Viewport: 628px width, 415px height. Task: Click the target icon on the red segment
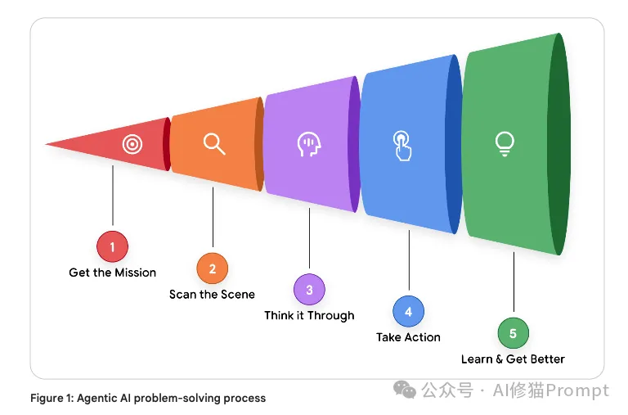132,145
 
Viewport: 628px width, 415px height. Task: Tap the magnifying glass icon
214,144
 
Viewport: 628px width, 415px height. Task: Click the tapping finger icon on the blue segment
401,145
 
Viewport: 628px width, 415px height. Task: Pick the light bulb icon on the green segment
505,144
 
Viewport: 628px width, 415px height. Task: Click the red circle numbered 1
113,246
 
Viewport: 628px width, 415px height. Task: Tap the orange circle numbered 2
213,268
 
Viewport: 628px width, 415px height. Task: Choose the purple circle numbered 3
309,289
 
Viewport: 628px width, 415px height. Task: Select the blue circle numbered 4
408,311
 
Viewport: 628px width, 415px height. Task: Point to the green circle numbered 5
513,333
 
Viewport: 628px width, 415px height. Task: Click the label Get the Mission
113,273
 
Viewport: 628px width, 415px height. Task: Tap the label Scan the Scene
213,295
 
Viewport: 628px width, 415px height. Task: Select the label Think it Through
309,316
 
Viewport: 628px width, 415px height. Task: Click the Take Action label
408,337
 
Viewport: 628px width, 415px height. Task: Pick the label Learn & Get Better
513,359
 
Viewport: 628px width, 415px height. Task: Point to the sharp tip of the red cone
47,145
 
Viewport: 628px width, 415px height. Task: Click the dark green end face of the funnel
558,144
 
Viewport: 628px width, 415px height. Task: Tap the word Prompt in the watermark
581,390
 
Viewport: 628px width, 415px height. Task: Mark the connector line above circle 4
408,262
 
